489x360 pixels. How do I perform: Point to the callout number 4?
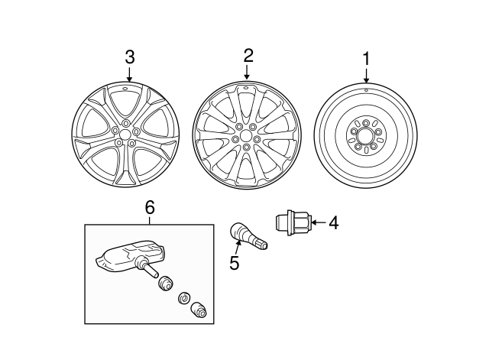(332, 223)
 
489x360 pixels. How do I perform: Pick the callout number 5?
(235, 264)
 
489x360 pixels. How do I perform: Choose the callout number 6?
(150, 207)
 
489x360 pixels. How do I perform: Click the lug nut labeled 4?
(294, 222)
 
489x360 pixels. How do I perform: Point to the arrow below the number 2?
(248, 72)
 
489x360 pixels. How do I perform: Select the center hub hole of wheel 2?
(247, 135)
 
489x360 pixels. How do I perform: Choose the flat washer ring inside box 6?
(183, 297)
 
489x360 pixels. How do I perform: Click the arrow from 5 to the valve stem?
(238, 247)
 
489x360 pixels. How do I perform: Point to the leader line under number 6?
(150, 219)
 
